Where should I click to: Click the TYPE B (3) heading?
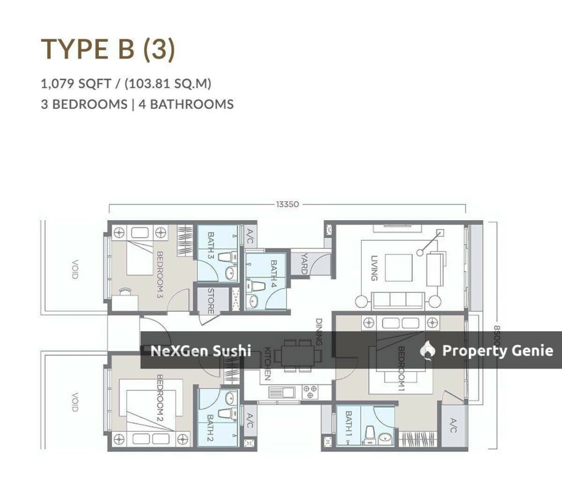click(x=108, y=49)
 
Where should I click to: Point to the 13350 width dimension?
click(x=288, y=204)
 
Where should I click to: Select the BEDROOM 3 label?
click(x=160, y=275)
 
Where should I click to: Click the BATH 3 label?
click(x=211, y=245)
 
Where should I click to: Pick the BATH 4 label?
click(x=274, y=274)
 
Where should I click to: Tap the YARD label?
click(x=304, y=264)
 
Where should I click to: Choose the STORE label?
click(x=211, y=301)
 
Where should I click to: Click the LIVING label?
click(x=374, y=268)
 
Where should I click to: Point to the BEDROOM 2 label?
click(x=160, y=398)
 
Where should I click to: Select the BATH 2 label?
click(x=211, y=428)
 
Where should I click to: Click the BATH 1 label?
click(x=349, y=424)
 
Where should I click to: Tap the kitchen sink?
click(x=282, y=392)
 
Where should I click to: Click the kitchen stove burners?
click(x=310, y=392)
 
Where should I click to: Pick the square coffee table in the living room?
click(x=398, y=267)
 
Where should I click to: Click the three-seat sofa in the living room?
click(x=398, y=300)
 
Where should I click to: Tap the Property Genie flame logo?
click(x=428, y=350)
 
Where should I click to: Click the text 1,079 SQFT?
click(x=76, y=84)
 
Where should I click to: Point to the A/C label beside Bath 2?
click(x=250, y=421)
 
